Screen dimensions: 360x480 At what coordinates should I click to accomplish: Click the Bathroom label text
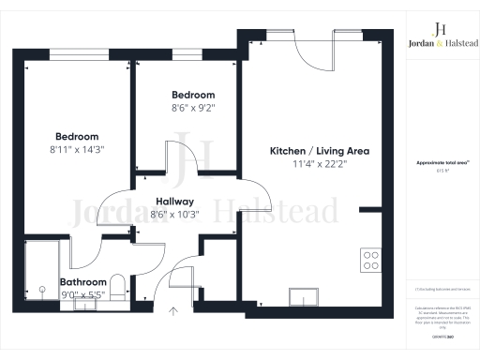83,282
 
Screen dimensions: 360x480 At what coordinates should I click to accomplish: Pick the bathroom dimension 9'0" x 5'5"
83,294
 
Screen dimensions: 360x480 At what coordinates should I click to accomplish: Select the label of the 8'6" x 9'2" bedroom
193,95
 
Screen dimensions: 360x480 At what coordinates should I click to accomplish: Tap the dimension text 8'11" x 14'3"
77,148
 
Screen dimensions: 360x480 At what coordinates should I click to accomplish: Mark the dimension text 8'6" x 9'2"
193,108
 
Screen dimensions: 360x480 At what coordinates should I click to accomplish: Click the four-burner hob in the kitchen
370,257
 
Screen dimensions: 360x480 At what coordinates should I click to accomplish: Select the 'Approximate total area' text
441,163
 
